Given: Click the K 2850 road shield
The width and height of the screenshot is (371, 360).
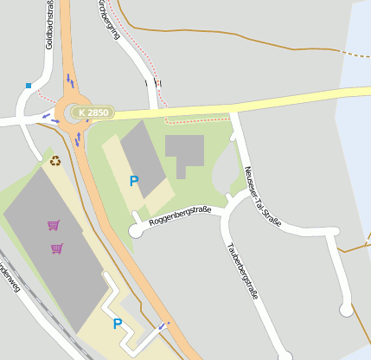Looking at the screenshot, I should (x=93, y=112).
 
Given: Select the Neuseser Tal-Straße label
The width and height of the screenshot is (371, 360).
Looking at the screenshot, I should (x=263, y=196).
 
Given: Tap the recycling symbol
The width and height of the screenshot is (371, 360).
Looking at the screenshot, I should (x=55, y=160).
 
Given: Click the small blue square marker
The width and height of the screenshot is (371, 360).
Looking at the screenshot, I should (x=29, y=86).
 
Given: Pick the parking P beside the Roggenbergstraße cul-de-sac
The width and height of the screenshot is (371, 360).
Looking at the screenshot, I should (x=133, y=181).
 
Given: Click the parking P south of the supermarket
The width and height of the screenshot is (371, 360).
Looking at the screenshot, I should (x=117, y=324).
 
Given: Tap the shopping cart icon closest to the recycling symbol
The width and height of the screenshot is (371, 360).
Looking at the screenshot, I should (x=54, y=225).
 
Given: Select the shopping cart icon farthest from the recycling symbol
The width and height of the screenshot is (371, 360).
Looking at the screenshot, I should (x=57, y=248).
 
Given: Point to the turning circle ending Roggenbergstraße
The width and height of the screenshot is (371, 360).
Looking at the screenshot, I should (x=135, y=230).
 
